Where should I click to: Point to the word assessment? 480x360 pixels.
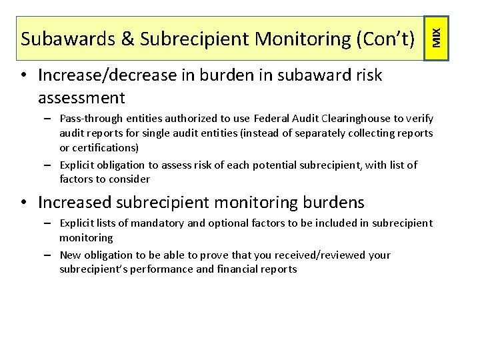pyautogui.click(x=81, y=98)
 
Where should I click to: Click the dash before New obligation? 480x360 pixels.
pyautogui.click(x=50, y=255)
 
